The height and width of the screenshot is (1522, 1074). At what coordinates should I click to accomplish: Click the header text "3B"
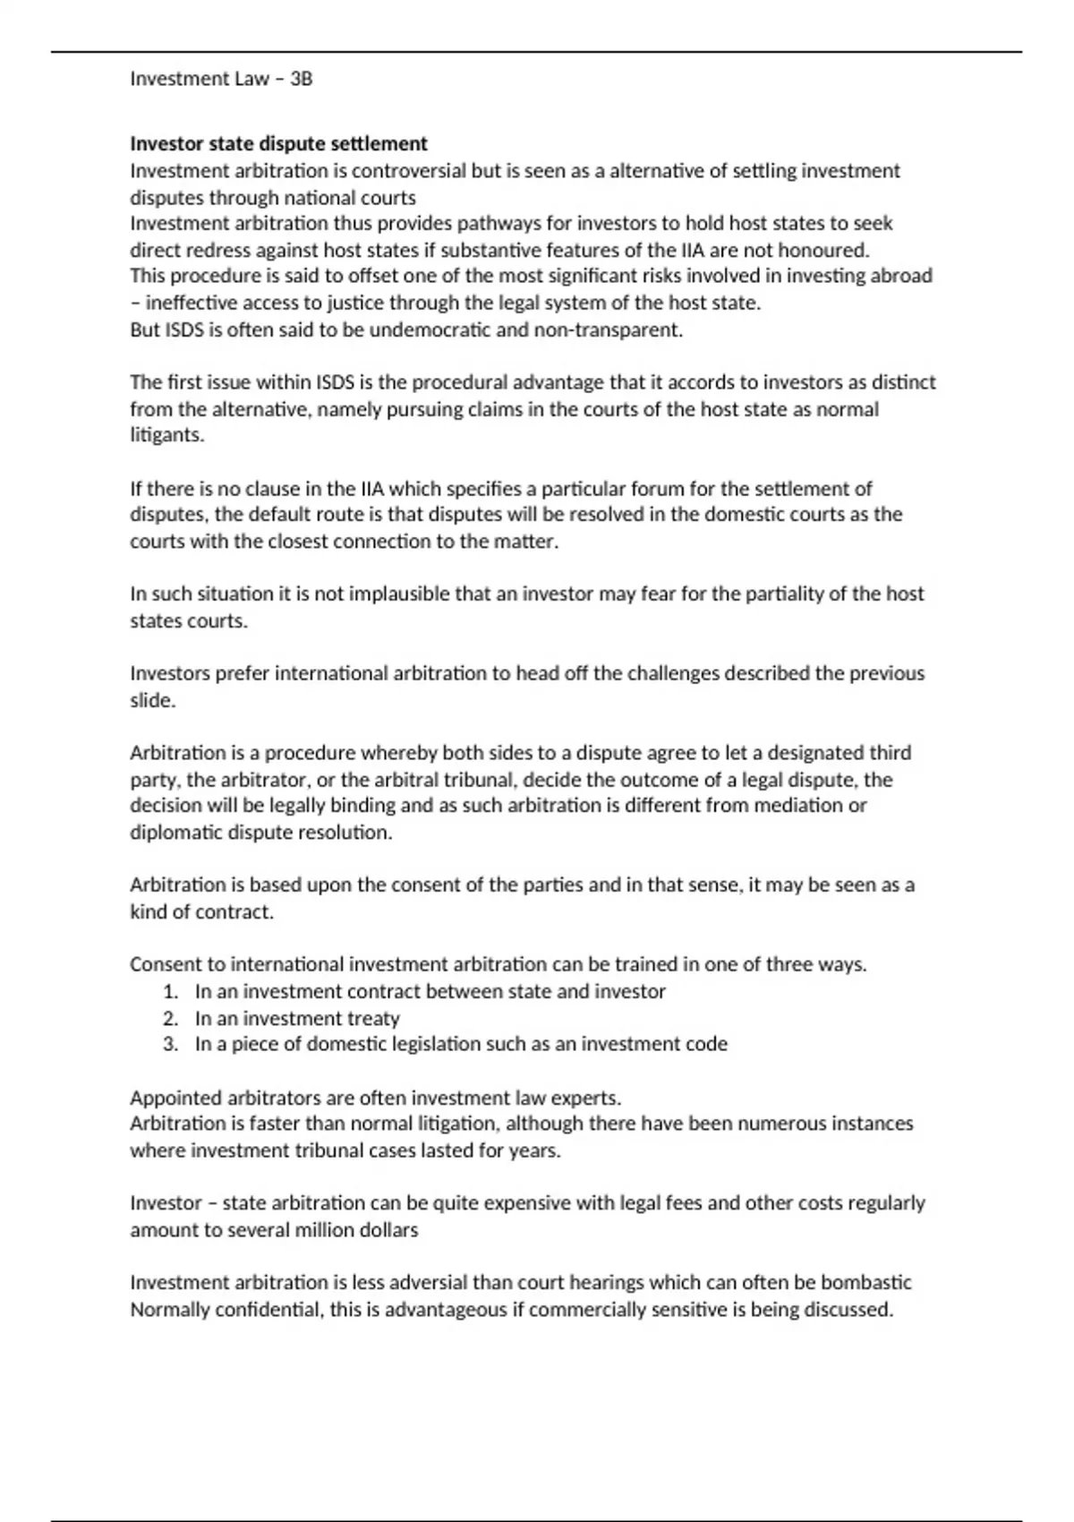coord(301,79)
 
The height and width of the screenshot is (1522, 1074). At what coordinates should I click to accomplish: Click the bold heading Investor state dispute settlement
coord(278,143)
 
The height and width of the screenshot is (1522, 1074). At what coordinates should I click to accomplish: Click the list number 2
coord(171,1018)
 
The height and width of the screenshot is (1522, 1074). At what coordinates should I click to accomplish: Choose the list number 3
coord(171,1044)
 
